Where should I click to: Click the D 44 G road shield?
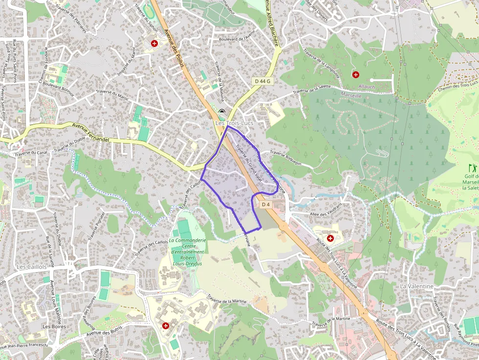(262, 80)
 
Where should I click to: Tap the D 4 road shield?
(265, 204)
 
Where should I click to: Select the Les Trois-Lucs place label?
(234, 124)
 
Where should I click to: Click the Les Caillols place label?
(31, 267)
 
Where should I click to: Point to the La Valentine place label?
(416, 286)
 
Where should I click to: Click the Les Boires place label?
(54, 326)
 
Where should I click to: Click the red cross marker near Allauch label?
(356, 75)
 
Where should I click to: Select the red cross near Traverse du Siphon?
(154, 43)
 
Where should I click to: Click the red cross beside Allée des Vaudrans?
(330, 238)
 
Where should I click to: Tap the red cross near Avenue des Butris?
(166, 325)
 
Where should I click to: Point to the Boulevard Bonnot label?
(58, 88)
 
